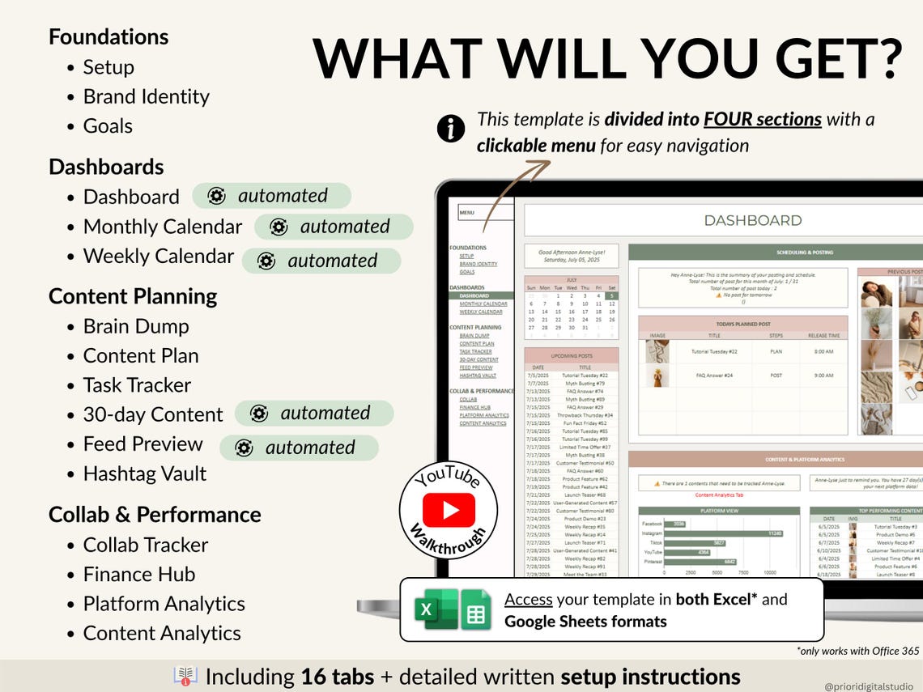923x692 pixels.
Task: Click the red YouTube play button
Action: point(449,509)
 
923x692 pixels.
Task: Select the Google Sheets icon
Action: point(476,609)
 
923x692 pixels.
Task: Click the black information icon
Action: point(450,128)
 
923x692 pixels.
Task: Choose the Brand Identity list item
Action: point(146,96)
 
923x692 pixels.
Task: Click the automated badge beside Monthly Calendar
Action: point(334,227)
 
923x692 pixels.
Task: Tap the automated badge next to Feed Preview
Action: point(299,448)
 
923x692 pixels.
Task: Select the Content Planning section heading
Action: point(133,296)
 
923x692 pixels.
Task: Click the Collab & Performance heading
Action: point(155,515)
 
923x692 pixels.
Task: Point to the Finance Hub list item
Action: point(138,574)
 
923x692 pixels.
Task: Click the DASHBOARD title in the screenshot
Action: point(752,220)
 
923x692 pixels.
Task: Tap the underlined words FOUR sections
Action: point(762,119)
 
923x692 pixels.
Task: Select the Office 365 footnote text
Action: point(859,651)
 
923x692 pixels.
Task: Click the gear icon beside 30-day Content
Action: point(259,414)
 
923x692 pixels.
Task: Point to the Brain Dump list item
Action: point(135,326)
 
